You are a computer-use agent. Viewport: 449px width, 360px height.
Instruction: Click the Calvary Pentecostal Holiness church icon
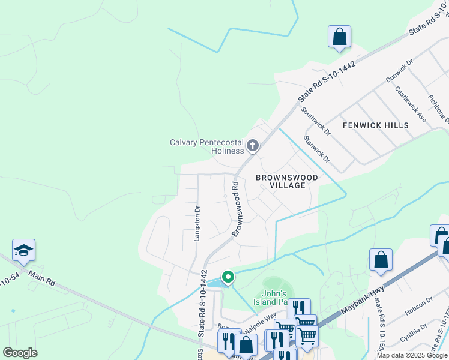(x=253, y=145)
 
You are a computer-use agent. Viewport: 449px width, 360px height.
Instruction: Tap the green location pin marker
(x=228, y=277)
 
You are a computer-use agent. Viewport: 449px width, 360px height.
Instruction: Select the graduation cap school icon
(x=23, y=250)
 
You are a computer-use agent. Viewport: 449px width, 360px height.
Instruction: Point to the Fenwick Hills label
(x=375, y=125)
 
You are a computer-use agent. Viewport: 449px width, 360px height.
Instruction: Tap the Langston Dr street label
(x=196, y=223)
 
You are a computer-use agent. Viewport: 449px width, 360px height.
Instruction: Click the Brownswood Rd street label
(x=235, y=209)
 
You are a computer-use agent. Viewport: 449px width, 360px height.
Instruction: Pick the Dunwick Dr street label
(x=400, y=70)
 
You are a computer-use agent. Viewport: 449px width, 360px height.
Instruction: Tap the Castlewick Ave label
(x=410, y=104)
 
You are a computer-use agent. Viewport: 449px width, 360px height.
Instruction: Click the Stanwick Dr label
(x=316, y=149)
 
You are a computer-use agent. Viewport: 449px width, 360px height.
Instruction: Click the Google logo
(x=20, y=353)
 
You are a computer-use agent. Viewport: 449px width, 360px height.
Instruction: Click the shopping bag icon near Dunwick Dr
(x=339, y=37)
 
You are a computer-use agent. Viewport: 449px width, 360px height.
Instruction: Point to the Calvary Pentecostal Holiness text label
(x=206, y=146)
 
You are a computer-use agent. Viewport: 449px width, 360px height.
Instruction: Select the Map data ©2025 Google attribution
(x=412, y=355)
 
